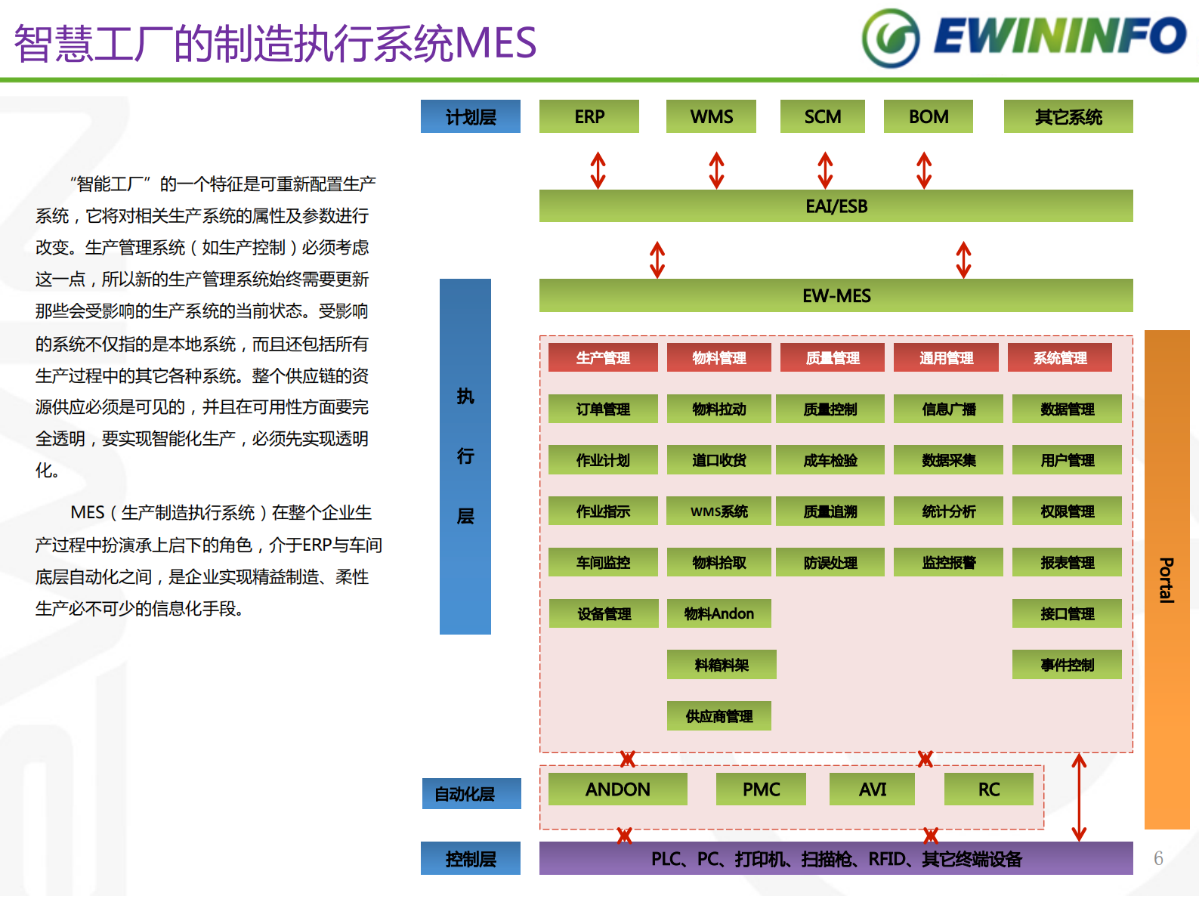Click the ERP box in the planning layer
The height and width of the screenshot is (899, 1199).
tap(589, 116)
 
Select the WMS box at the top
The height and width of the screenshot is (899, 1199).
tap(710, 116)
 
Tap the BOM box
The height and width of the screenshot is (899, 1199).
tap(928, 116)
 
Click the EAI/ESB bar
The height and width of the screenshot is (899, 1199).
tap(836, 205)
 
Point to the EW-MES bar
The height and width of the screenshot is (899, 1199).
tap(836, 295)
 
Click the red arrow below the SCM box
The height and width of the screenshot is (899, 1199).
tap(825, 170)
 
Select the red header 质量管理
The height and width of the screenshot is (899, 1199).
tap(832, 357)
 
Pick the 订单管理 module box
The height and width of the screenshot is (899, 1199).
tap(603, 409)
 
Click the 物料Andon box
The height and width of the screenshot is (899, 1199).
tap(718, 613)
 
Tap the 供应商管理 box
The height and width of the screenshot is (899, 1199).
tap(718, 716)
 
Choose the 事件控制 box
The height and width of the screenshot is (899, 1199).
tap(1066, 665)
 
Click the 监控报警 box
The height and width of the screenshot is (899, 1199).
tap(948, 562)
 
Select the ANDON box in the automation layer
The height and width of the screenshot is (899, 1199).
tap(617, 789)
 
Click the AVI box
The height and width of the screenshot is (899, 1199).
tap(872, 789)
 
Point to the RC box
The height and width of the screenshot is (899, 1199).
tap(988, 789)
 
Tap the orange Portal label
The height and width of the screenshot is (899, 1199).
tap(1167, 579)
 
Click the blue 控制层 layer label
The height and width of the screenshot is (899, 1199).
tap(470, 858)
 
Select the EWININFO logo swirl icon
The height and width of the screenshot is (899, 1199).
tap(891, 39)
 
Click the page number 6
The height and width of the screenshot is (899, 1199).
tap(1158, 858)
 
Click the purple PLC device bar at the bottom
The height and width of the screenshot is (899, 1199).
tap(836, 858)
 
